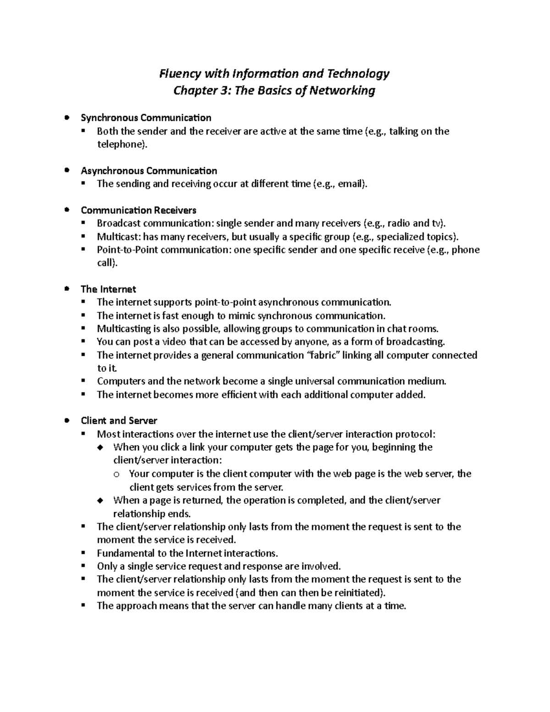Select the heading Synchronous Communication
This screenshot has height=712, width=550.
tap(146, 118)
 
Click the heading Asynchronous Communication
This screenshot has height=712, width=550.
tap(149, 171)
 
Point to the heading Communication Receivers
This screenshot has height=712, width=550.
tap(138, 210)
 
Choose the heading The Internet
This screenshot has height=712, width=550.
tap(108, 289)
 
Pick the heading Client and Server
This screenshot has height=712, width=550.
tap(119, 421)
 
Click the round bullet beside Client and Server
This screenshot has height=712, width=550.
tap(67, 420)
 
